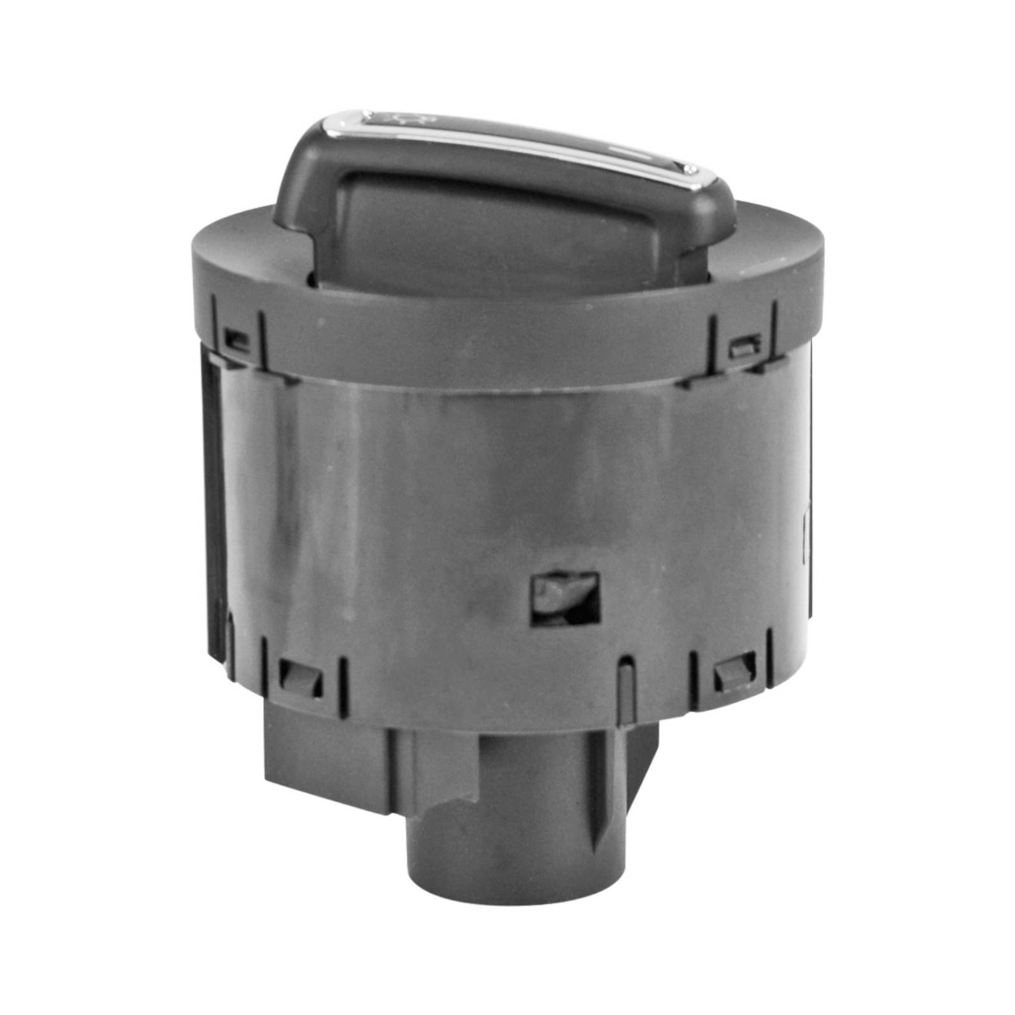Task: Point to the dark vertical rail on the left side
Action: click(x=214, y=495)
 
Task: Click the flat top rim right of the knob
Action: click(x=780, y=235)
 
